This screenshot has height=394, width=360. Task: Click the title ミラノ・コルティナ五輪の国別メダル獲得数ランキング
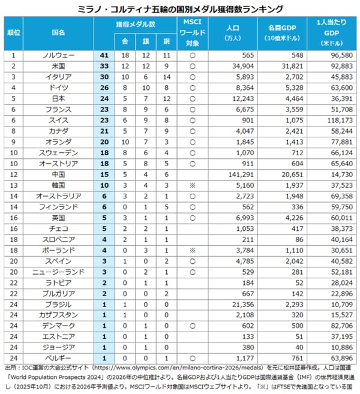coord(180,8)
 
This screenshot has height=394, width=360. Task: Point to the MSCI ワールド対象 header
coord(193,32)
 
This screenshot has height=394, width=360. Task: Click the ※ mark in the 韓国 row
coord(193,184)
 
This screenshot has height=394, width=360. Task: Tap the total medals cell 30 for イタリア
coord(104,77)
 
